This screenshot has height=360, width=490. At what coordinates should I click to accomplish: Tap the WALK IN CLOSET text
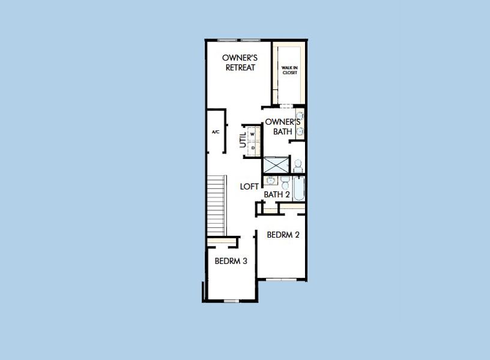coord(289,70)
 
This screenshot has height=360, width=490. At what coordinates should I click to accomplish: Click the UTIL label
coord(243,141)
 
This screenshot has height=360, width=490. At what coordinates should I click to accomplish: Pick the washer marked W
coord(253,134)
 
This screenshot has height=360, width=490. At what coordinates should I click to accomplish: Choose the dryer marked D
coord(253,147)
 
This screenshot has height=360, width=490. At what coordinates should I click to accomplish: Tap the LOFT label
coord(249,186)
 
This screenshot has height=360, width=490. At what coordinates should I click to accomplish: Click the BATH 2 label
coord(277,194)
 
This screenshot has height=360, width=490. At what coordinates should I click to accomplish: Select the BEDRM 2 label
coord(283,235)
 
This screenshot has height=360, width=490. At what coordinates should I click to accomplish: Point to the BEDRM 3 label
coord(231,261)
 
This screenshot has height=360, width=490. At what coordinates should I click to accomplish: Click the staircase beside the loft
coord(216,205)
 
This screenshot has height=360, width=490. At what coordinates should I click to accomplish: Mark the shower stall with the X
coord(276,164)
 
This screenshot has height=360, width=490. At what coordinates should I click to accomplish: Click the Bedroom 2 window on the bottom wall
coord(282,279)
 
